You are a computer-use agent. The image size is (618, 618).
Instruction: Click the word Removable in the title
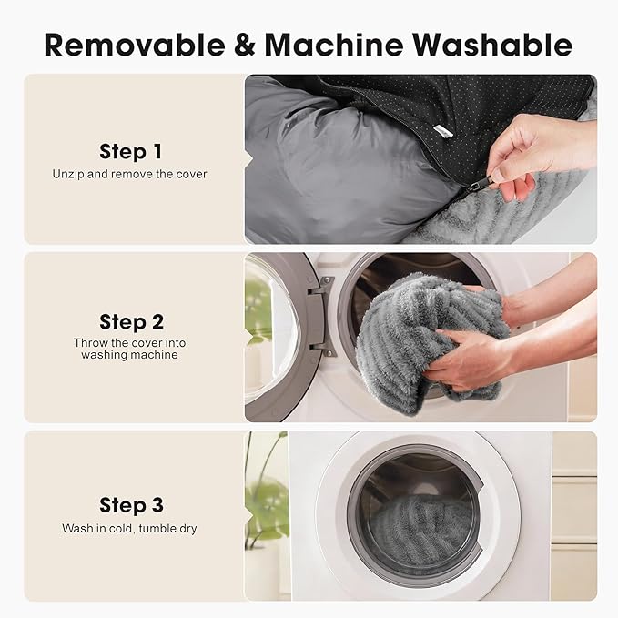[x=135, y=45]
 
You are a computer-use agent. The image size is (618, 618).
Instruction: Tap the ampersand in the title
[x=245, y=45]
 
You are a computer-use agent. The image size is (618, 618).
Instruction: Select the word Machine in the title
[x=334, y=44]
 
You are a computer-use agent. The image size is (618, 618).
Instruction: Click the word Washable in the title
[x=492, y=44]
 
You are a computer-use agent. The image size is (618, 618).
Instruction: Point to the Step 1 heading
[x=130, y=151]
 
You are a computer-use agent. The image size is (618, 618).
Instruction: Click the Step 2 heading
[x=131, y=322]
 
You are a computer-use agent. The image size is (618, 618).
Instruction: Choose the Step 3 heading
[x=131, y=505]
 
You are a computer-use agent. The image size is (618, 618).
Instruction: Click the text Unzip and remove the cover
[x=129, y=174]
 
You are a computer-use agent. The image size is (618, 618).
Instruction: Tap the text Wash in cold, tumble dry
[x=129, y=528]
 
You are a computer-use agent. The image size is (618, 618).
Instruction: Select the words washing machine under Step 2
[x=129, y=355]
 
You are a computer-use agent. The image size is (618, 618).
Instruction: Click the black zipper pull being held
[x=480, y=184]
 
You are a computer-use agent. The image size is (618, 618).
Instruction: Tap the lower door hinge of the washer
[x=322, y=349]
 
